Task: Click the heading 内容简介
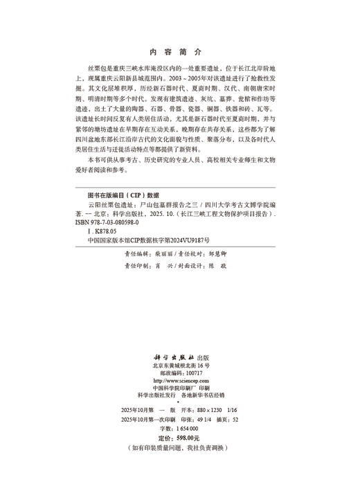click(179, 52)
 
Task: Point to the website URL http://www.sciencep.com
click(179, 380)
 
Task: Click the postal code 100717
click(190, 373)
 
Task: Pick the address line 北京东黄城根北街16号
click(180, 364)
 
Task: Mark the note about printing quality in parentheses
click(179, 448)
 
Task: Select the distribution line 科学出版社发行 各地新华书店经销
click(179, 395)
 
